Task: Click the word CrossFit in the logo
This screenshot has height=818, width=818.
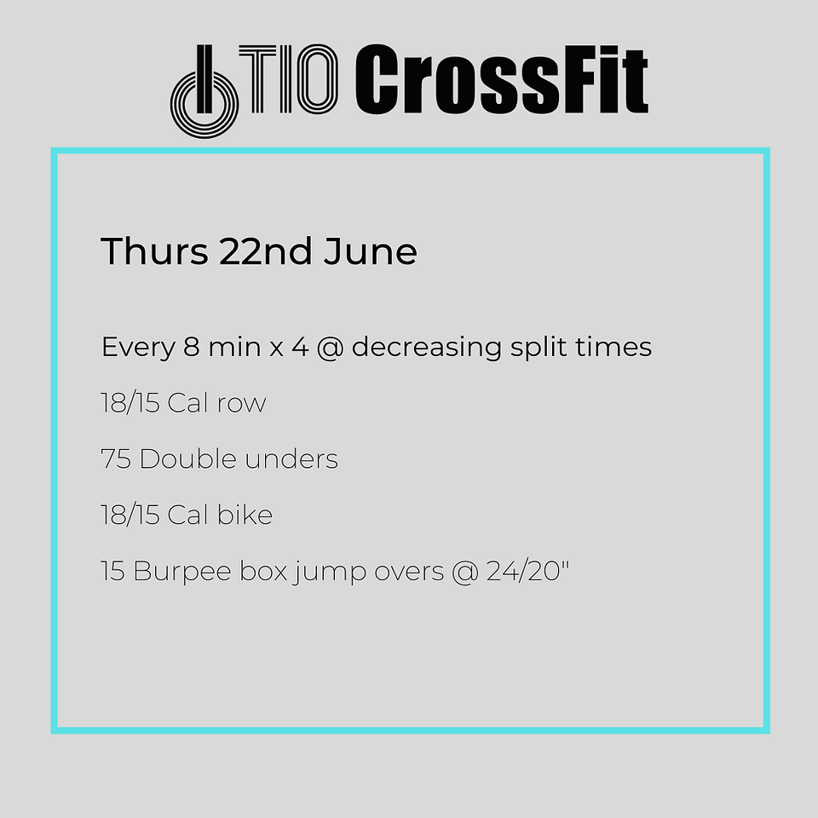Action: (x=501, y=78)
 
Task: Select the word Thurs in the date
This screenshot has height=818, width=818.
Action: (x=154, y=251)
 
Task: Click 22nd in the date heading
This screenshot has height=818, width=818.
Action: (x=266, y=251)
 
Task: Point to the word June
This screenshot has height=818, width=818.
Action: (x=371, y=251)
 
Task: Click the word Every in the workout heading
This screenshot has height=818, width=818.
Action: (x=138, y=348)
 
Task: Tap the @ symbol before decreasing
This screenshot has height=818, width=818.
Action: (x=331, y=348)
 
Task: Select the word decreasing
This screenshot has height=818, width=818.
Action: (x=427, y=348)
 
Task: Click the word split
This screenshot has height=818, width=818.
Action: (x=539, y=348)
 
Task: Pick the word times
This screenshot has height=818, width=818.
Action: (x=613, y=347)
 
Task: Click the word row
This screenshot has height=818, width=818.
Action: (x=241, y=404)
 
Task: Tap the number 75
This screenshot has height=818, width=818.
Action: (x=116, y=459)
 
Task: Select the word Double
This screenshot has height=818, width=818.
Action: (x=187, y=458)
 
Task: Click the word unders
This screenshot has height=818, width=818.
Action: (x=291, y=458)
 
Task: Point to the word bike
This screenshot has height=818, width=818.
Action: (x=245, y=515)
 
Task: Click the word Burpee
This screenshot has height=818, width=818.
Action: (x=182, y=571)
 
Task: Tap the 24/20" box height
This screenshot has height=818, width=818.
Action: (x=528, y=571)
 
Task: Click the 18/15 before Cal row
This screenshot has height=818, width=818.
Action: (x=130, y=403)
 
